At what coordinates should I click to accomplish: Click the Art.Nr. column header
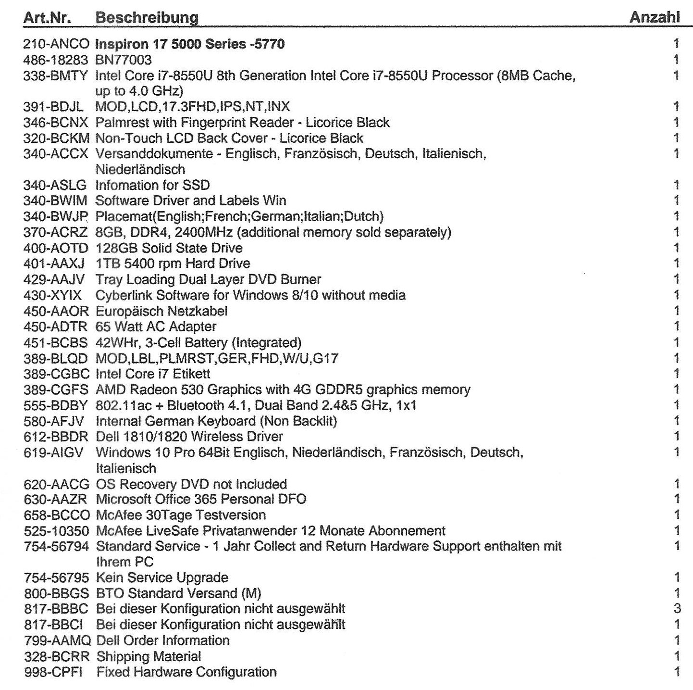[47, 18]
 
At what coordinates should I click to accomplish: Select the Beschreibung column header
[147, 18]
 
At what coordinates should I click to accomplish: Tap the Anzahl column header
[655, 18]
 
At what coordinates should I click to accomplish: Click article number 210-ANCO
[56, 44]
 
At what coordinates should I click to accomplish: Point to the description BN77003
[124, 60]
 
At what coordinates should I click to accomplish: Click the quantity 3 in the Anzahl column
[677, 609]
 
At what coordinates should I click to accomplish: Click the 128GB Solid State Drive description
[169, 248]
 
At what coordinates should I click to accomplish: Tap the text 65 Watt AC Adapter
[156, 326]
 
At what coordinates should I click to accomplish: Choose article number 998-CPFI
[53, 672]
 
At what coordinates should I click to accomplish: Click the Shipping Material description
[148, 656]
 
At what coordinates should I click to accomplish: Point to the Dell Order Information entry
[162, 640]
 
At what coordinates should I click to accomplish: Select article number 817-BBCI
[56, 625]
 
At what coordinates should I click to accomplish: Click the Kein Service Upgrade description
[162, 577]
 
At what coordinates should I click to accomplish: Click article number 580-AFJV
[54, 421]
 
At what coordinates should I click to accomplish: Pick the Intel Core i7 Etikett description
[153, 374]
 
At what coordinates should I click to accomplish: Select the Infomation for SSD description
[152, 185]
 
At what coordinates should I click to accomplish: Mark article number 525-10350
[56, 531]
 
